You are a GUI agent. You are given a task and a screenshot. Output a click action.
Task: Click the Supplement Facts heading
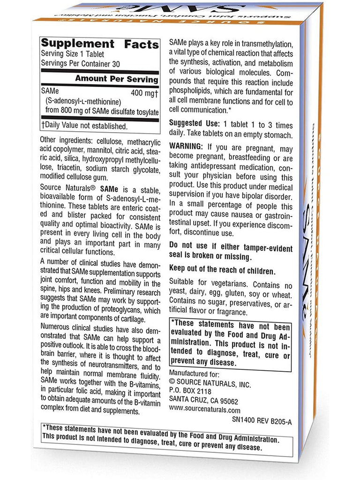tap(100, 45)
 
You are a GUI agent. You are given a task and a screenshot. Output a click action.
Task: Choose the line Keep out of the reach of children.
tap(222, 270)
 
